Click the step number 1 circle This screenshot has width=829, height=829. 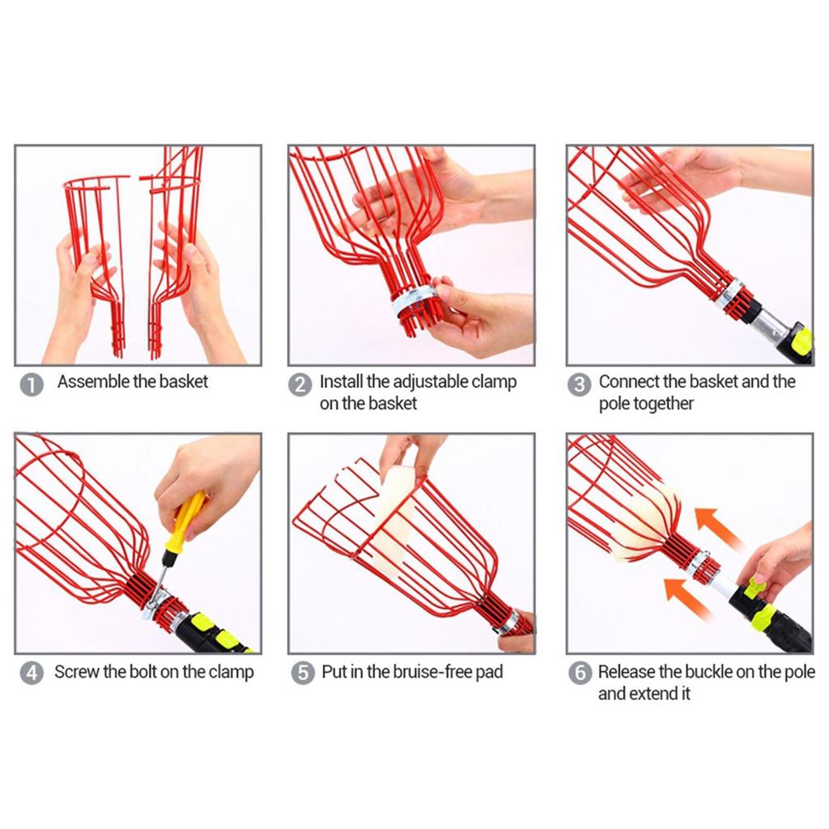[x=32, y=385]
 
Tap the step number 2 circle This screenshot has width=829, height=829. [x=300, y=385]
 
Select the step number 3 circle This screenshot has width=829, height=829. [x=579, y=385]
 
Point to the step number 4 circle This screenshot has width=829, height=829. [x=32, y=673]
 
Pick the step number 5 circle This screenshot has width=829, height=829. [x=303, y=673]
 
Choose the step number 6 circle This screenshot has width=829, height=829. [x=580, y=673]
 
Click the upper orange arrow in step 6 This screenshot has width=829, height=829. [x=718, y=529]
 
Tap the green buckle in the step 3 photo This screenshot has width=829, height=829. [x=801, y=341]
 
